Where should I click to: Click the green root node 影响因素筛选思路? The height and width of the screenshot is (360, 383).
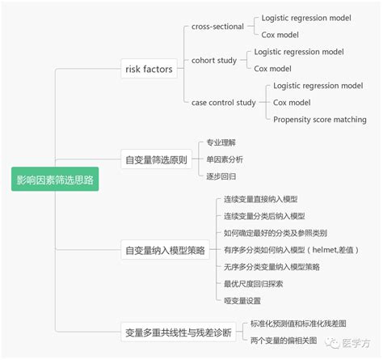[55, 180]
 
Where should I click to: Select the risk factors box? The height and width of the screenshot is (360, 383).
[149, 70]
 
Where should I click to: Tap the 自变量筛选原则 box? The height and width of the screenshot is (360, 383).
[156, 159]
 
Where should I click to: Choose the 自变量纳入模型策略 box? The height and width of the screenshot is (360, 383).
[166, 249]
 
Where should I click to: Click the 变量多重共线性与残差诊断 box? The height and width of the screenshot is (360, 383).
[178, 332]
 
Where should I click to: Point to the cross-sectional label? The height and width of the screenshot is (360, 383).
[219, 26]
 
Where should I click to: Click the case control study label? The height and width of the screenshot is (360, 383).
[224, 103]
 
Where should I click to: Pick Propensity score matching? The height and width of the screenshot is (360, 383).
[319, 120]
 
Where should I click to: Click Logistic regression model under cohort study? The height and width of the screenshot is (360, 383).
[299, 52]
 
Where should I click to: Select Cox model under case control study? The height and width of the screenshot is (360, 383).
[292, 103]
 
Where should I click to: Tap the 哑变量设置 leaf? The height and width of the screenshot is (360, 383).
[243, 300]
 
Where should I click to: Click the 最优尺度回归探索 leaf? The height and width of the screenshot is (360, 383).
[253, 283]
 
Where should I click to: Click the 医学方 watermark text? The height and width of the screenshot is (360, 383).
[357, 341]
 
